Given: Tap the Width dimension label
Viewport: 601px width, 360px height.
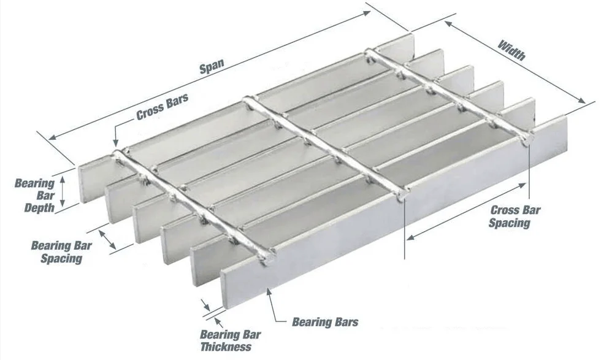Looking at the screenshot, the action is [511, 50].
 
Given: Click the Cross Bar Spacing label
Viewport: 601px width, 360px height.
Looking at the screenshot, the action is [515, 216].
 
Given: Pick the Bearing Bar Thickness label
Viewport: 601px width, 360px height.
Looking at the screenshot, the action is [230, 340].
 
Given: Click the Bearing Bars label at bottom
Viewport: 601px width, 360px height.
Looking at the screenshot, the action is [325, 321].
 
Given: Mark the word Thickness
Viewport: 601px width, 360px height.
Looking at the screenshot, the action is [226, 347].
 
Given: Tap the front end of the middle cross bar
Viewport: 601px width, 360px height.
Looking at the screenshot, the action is [402, 197].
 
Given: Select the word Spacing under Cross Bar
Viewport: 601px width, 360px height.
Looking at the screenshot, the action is [509, 223].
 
